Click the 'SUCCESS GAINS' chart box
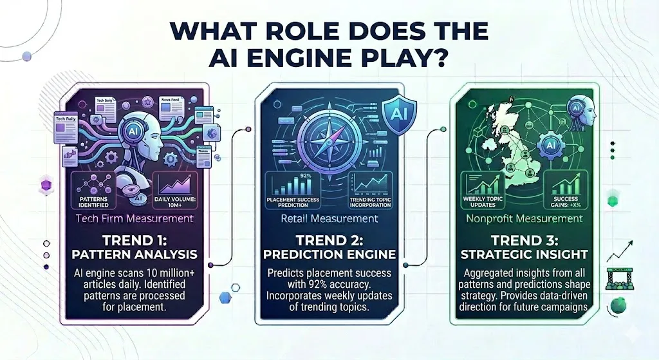[569, 191]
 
